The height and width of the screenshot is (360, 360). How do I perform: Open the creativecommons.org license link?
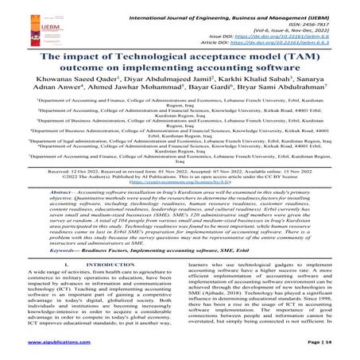(179, 204)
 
